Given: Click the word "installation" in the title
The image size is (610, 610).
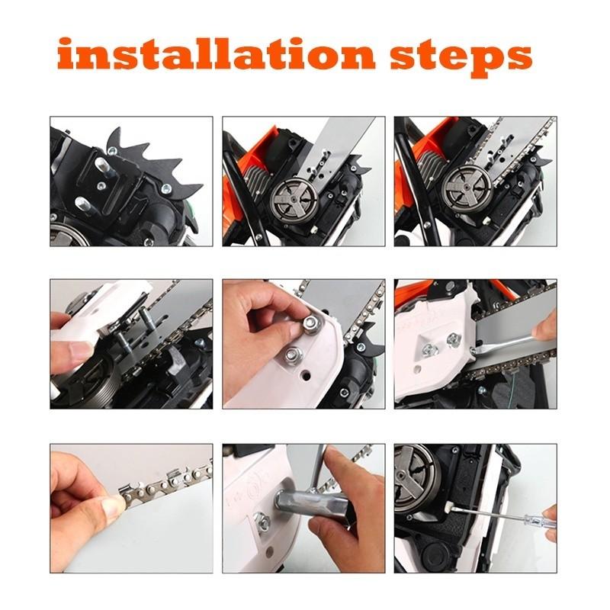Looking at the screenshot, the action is tap(217, 54).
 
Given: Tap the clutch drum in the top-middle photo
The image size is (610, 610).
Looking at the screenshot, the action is tap(294, 199).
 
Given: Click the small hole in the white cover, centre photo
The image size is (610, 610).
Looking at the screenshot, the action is tap(307, 377).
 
